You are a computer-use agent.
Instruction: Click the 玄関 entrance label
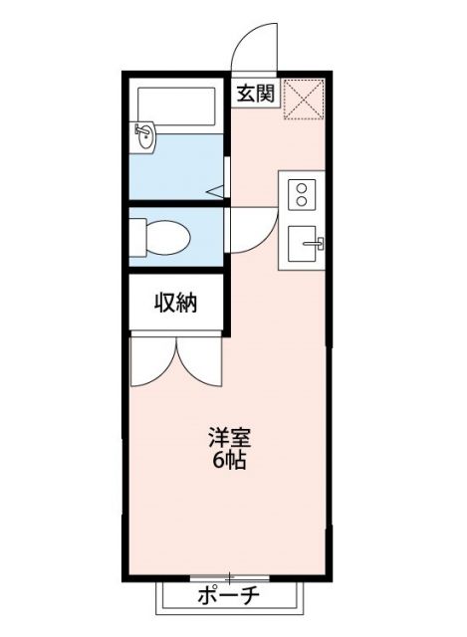point(255,95)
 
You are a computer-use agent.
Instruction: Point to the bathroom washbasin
point(145,135)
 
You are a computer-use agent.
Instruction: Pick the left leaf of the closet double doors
point(152,363)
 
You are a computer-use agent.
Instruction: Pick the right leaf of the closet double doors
point(199,363)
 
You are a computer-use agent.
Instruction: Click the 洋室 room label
point(228,437)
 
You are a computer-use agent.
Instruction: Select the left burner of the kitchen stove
point(295,188)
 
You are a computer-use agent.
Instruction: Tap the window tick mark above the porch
point(229,576)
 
